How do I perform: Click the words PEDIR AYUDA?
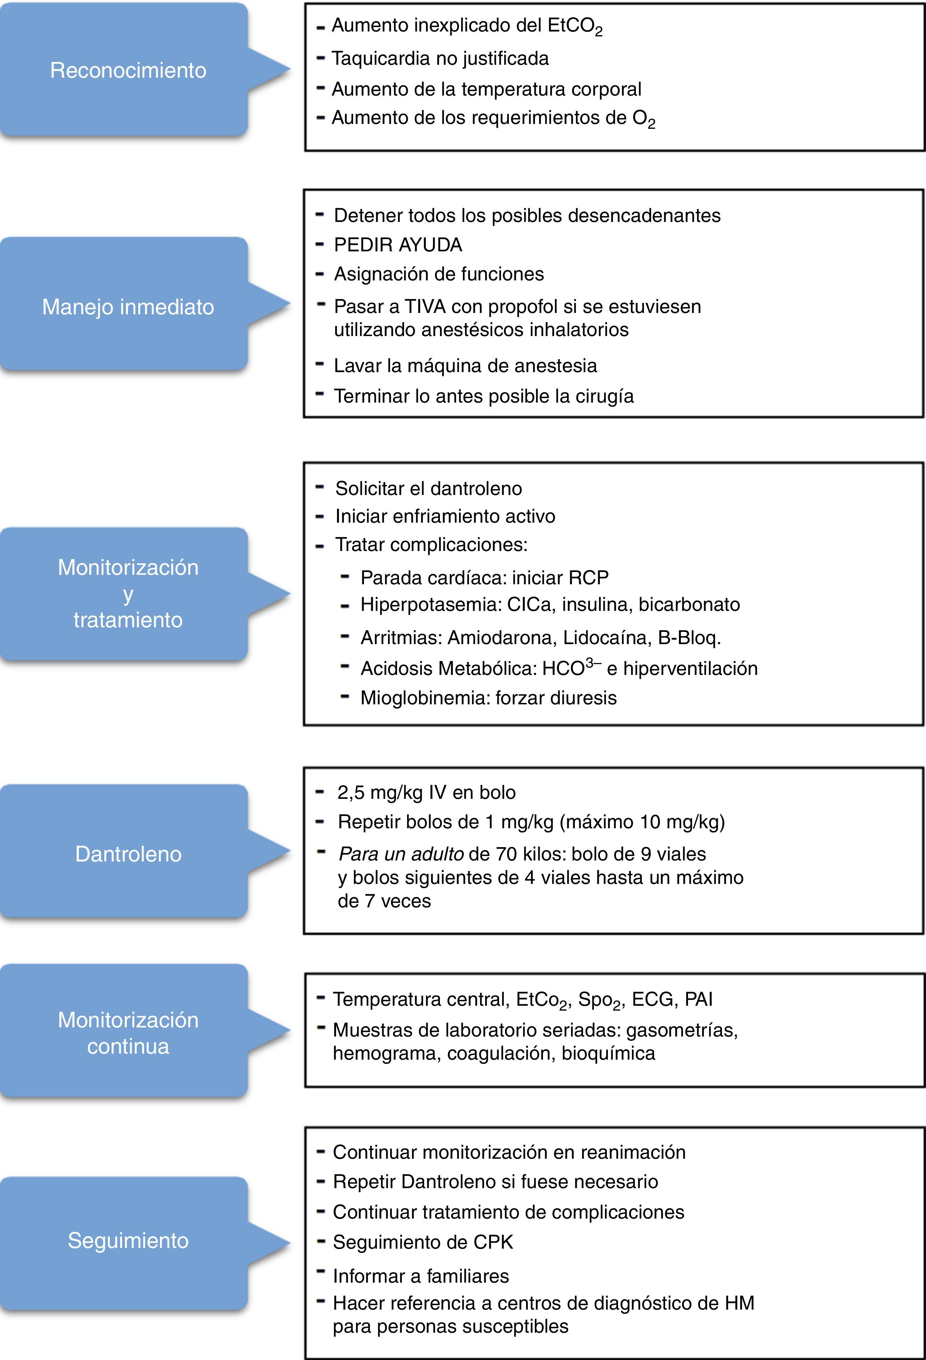398,245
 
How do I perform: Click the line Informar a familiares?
421,1276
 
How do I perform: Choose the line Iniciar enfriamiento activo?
444,516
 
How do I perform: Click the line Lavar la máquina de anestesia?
465,366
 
